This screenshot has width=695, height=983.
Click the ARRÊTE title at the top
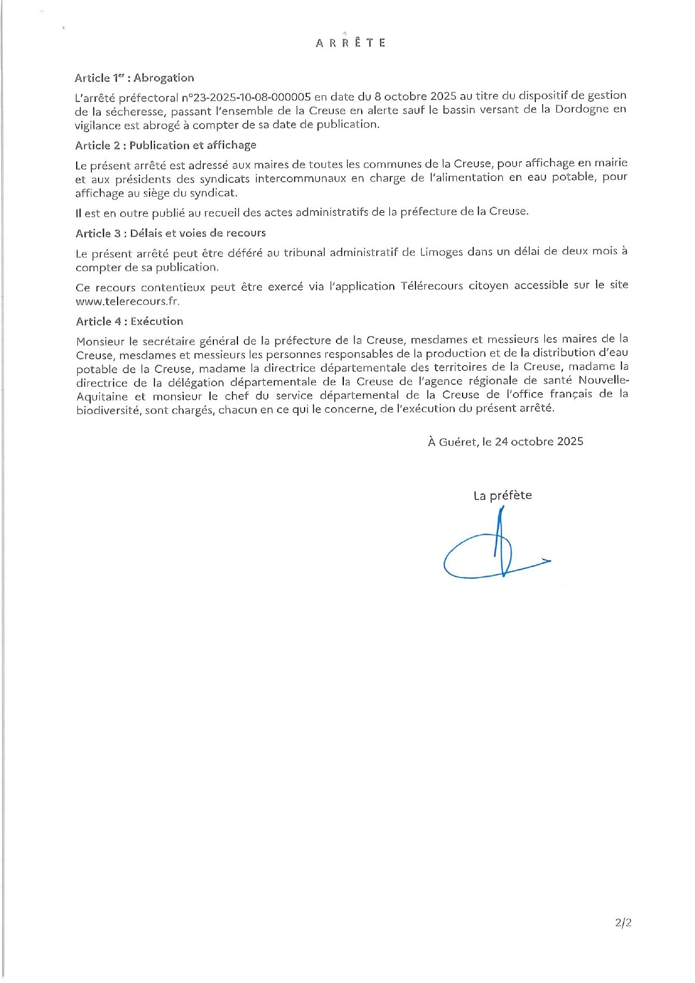[x=351, y=43]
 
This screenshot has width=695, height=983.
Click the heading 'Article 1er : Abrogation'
[x=134, y=78]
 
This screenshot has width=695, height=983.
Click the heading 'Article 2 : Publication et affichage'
[x=166, y=145]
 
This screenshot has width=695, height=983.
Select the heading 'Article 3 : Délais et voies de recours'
[x=171, y=233]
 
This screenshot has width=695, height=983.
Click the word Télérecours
[x=432, y=286]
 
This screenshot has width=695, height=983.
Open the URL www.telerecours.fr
[x=128, y=301]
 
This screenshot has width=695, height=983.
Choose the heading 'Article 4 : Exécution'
[x=129, y=322]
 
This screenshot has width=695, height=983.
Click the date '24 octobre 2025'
[x=539, y=441]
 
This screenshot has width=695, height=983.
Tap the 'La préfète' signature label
[x=502, y=495]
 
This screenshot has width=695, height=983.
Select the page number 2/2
[x=623, y=923]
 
